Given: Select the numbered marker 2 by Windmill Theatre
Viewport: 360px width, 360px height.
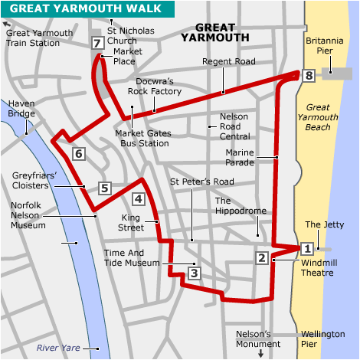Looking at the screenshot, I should tap(262, 258).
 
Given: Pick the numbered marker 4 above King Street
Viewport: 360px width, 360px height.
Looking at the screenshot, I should tap(138, 199).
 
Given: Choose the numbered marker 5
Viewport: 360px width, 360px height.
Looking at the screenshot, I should tap(105, 187).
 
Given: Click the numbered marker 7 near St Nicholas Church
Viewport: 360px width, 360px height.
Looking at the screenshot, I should tap(97, 43).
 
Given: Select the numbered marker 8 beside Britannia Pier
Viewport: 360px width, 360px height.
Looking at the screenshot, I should tap(309, 75).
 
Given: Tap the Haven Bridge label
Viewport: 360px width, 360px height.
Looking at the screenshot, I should tap(21, 109).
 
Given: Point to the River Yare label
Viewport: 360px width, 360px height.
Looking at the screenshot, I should tap(58, 349).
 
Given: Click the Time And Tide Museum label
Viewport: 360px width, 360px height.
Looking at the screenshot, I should tap(135, 257).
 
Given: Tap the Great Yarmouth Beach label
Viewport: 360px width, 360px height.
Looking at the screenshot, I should tap(328, 117).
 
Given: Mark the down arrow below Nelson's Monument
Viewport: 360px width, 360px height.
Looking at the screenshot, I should tap(260, 353).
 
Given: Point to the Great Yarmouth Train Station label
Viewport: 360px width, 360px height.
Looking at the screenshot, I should tap(39, 38).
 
